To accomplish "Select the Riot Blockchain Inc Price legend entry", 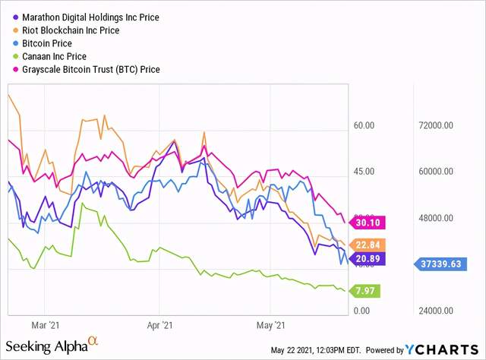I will tap(81, 30).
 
